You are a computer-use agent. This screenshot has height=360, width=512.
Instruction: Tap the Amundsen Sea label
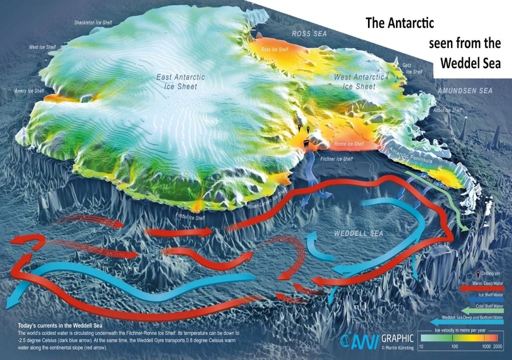point(465,91)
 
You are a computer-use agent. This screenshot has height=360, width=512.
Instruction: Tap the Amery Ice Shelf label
point(29,91)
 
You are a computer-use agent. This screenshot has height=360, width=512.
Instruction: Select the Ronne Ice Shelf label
point(348,143)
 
